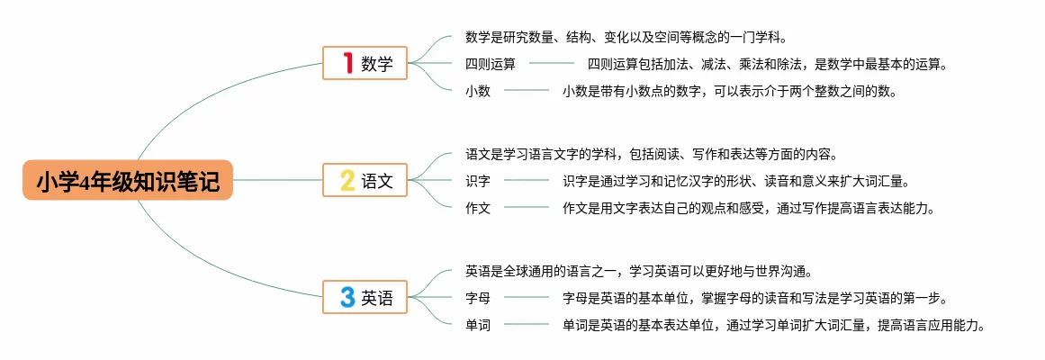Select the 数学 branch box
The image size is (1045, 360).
tap(365, 64)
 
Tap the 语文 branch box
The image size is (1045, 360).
tap(365, 180)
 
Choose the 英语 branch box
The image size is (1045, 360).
tap(365, 297)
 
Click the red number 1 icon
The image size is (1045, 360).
tap(347, 64)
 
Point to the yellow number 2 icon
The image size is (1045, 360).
tap(347, 180)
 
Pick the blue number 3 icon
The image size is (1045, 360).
tap(347, 297)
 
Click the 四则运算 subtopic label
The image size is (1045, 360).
tap(491, 65)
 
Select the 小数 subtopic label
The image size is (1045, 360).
tap(478, 91)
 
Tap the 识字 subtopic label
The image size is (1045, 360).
tap(478, 181)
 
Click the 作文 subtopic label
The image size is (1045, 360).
tap(478, 208)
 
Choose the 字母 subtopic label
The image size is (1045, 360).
tap(478, 298)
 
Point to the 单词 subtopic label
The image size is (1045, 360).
tap(478, 325)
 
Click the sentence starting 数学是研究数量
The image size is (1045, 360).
tap(626, 38)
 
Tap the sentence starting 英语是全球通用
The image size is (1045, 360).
tap(639, 271)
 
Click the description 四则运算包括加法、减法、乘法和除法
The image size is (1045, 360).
tap(768, 65)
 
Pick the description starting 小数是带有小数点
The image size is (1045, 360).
tap(730, 91)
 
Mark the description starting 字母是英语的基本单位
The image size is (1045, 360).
tap(754, 298)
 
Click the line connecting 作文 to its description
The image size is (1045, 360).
tap(527, 208)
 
